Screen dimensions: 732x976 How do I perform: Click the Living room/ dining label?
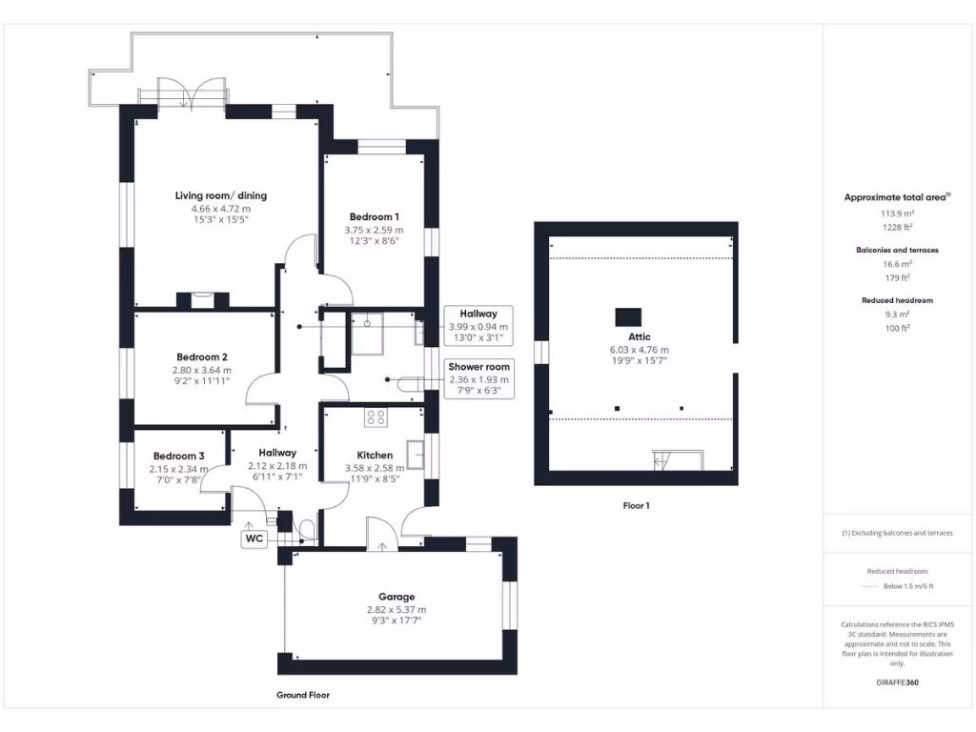pos(221,195)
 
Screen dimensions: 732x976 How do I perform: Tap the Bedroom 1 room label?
pos(374,216)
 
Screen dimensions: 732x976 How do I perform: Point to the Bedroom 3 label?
pos(179,456)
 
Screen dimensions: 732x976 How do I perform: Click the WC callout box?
pos(254,539)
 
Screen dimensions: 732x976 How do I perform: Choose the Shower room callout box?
pos(479,378)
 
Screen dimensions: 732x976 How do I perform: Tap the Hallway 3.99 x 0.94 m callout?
pos(478,326)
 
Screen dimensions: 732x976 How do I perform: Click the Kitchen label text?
pos(375,455)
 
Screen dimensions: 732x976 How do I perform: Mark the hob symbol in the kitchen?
pos(376,417)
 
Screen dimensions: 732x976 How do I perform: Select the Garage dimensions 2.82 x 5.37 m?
pos(396,610)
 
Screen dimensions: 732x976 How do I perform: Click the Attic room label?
pos(640,336)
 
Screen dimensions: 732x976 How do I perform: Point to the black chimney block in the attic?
pos(628,315)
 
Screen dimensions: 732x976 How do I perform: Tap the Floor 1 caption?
pos(636,506)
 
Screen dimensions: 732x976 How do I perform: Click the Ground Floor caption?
pos(303,695)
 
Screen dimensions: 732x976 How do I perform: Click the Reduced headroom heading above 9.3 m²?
pos(897,300)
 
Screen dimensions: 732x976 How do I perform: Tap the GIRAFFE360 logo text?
pos(897,682)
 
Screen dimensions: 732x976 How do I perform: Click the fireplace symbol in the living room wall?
pos(203,299)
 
